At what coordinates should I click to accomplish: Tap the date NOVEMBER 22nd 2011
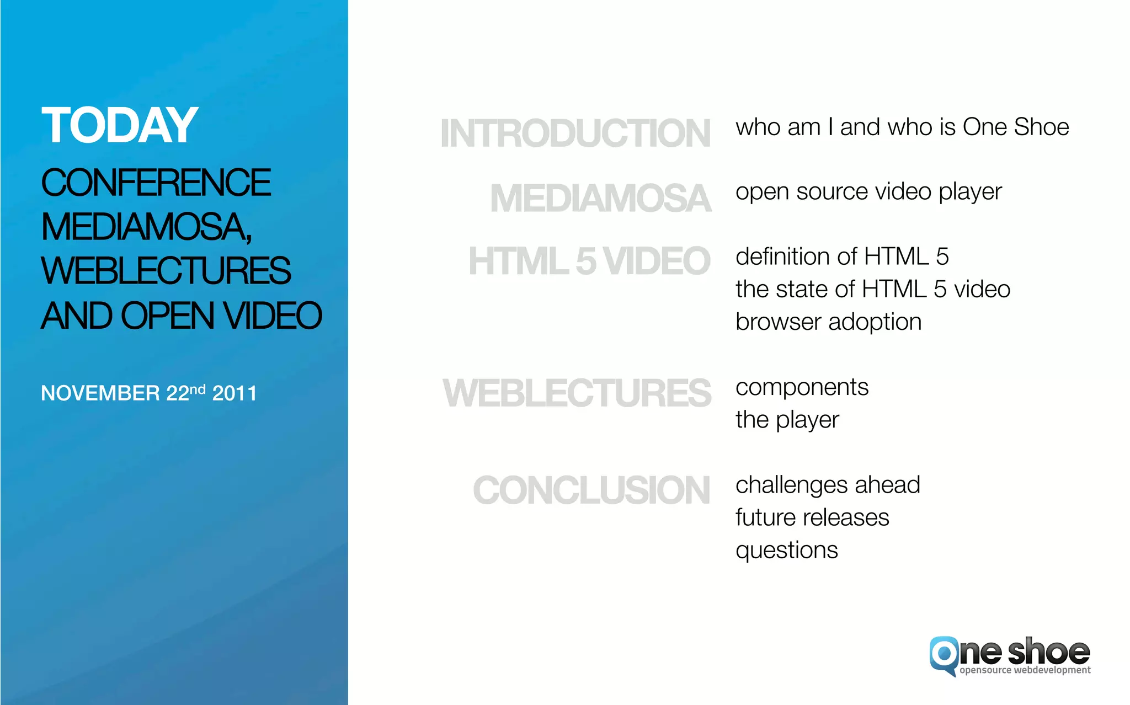click(x=148, y=393)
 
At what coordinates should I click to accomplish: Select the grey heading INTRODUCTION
click(x=575, y=133)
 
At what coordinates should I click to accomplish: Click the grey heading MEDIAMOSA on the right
click(x=600, y=198)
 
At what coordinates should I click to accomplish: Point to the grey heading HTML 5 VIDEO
click(x=589, y=261)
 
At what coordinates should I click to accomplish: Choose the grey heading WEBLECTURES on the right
click(x=577, y=393)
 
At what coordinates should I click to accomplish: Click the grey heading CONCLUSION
click(x=591, y=490)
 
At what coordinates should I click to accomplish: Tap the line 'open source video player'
click(x=868, y=192)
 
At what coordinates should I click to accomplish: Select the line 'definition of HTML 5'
click(x=842, y=257)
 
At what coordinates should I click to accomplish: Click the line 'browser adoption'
click(x=828, y=322)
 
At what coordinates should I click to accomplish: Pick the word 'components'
click(x=802, y=387)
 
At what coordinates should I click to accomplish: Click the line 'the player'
click(x=787, y=420)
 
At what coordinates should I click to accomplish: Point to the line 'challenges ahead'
click(x=828, y=485)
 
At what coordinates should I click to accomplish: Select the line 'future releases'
click(x=812, y=517)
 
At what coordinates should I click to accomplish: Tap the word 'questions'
click(x=786, y=550)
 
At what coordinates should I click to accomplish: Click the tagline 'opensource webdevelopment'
click(x=1025, y=670)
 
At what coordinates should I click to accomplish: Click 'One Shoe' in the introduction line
click(x=1016, y=127)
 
